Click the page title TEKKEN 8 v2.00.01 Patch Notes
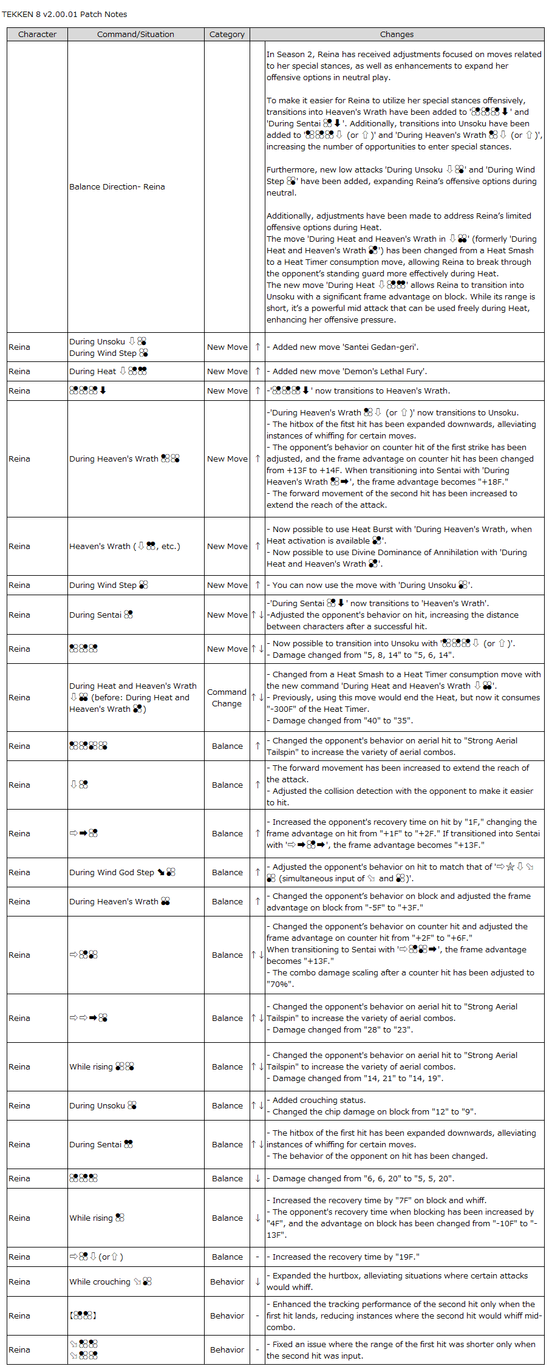coord(64,14)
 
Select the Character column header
coord(37,35)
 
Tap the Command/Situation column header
coord(135,35)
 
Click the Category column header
coord(227,35)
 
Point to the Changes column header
coord(397,35)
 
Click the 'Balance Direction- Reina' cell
coord(117,186)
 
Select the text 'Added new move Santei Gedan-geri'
coord(345,347)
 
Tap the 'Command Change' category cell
coord(227,697)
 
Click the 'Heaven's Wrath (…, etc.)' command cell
coord(124,546)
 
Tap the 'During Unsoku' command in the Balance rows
coord(103,1105)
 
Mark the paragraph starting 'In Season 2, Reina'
coord(403,66)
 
